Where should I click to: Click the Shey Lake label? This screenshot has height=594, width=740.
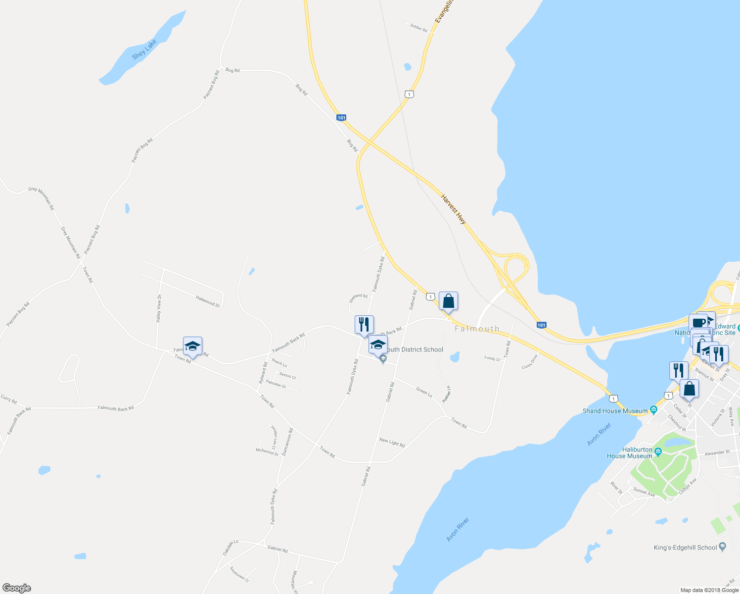click(x=144, y=49)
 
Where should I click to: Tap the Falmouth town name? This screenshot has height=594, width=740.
click(x=477, y=329)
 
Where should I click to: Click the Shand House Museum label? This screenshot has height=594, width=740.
click(x=615, y=411)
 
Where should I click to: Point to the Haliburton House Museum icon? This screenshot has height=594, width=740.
click(x=658, y=451)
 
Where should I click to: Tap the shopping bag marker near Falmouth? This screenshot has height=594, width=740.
click(x=448, y=301)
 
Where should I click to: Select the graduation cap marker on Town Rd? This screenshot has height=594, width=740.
click(x=192, y=346)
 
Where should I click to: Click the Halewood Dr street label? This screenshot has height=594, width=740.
click(x=208, y=301)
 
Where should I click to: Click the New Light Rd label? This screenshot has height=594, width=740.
click(x=392, y=442)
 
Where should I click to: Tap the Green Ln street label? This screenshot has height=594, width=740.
click(x=424, y=393)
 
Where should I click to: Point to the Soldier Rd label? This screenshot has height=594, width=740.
click(x=418, y=28)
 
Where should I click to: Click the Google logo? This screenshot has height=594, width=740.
click(x=17, y=588)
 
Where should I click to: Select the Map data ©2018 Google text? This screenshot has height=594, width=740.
click(x=709, y=590)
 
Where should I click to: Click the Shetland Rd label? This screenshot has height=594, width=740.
click(x=358, y=298)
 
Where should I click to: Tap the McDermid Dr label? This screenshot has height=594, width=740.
click(x=267, y=451)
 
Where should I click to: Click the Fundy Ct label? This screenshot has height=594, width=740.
click(x=492, y=358)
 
